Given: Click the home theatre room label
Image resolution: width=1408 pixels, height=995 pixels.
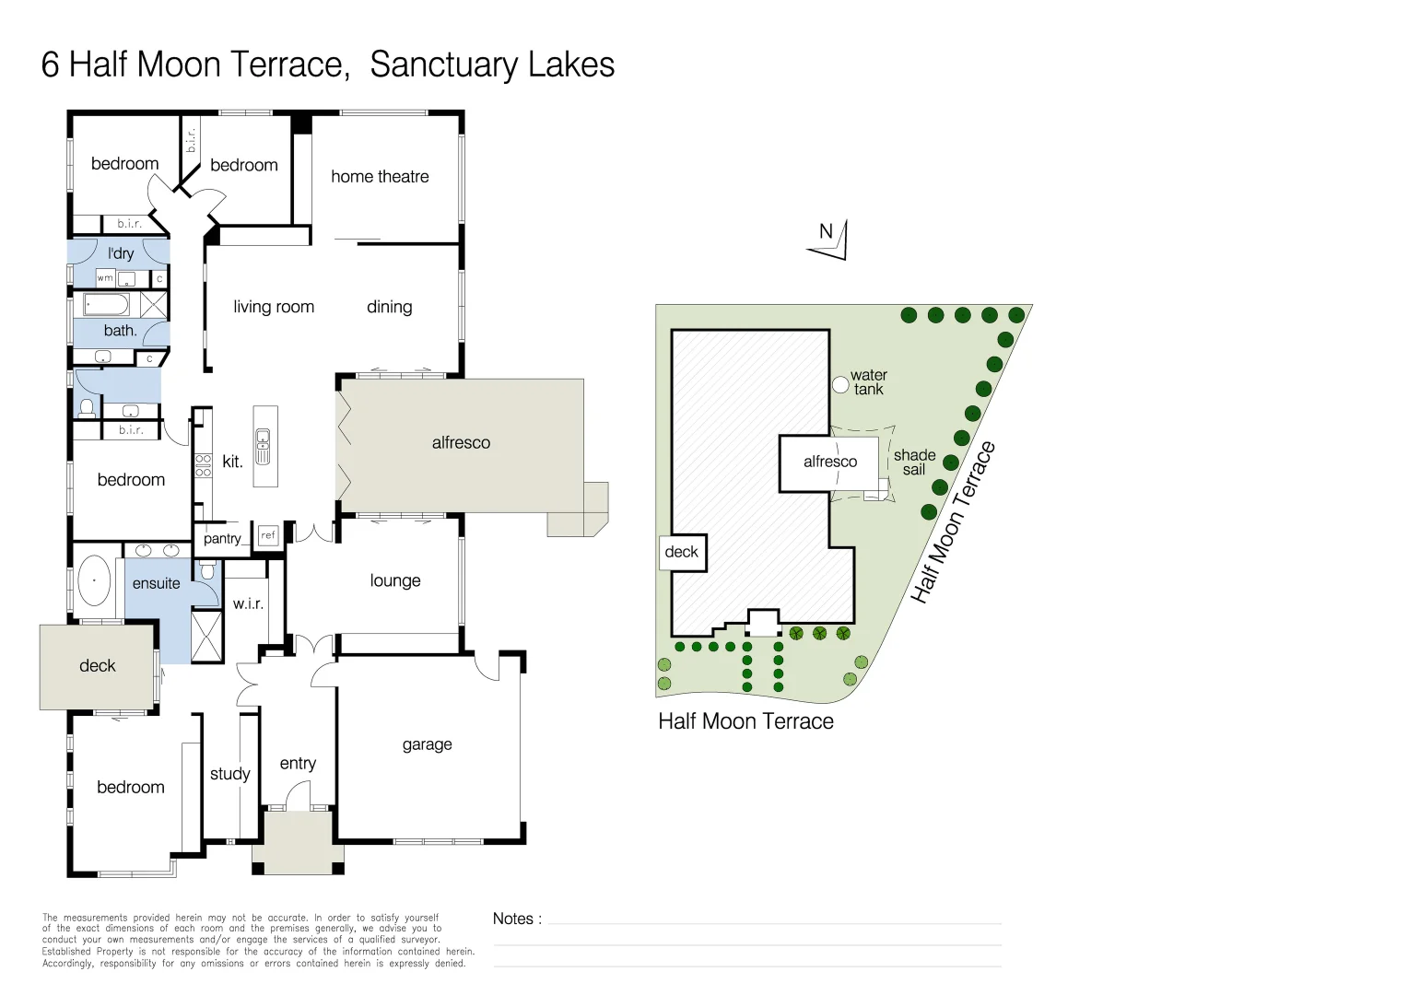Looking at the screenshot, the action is coord(380,177).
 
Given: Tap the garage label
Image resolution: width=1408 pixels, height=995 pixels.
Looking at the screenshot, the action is coord(427,744).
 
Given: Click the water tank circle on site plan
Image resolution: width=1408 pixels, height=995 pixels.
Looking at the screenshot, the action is coord(840,384).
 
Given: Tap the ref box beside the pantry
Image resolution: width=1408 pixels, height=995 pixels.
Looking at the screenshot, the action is coord(268,535).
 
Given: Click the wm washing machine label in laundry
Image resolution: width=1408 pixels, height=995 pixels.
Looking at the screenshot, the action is coord(105,278).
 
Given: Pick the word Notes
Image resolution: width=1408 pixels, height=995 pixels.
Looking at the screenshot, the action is coord(513,919).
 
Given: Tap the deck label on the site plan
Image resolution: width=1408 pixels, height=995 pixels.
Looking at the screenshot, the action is coord(682,552).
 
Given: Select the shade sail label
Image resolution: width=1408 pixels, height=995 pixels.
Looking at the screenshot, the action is coord(914,462).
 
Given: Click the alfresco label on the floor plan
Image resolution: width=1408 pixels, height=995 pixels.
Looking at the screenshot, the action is coord(461,443).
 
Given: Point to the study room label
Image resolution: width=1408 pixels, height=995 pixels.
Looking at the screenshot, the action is coord(229,774).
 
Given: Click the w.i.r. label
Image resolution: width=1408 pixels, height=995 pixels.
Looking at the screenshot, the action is coord(248,604).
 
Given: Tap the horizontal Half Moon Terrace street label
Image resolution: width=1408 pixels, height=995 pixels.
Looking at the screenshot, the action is coord(745,721).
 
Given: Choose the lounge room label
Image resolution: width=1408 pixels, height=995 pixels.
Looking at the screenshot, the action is coord(395,581).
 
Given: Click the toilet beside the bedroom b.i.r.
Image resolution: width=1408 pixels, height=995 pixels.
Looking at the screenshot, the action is coord(88,406).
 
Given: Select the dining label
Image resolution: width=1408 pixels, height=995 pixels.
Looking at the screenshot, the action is coord(389,307).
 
